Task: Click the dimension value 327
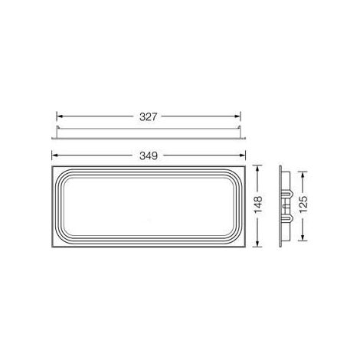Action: [x=148, y=117]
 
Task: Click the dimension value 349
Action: [x=149, y=155]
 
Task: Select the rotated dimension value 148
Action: [x=258, y=205]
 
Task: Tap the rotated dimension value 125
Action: [x=303, y=205]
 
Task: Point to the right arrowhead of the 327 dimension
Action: [x=237, y=116]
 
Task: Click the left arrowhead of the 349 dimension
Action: [x=55, y=155]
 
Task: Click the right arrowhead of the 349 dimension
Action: [x=242, y=155]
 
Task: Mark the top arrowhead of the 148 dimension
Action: [x=258, y=169]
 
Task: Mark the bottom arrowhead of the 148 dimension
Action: [x=258, y=244]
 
